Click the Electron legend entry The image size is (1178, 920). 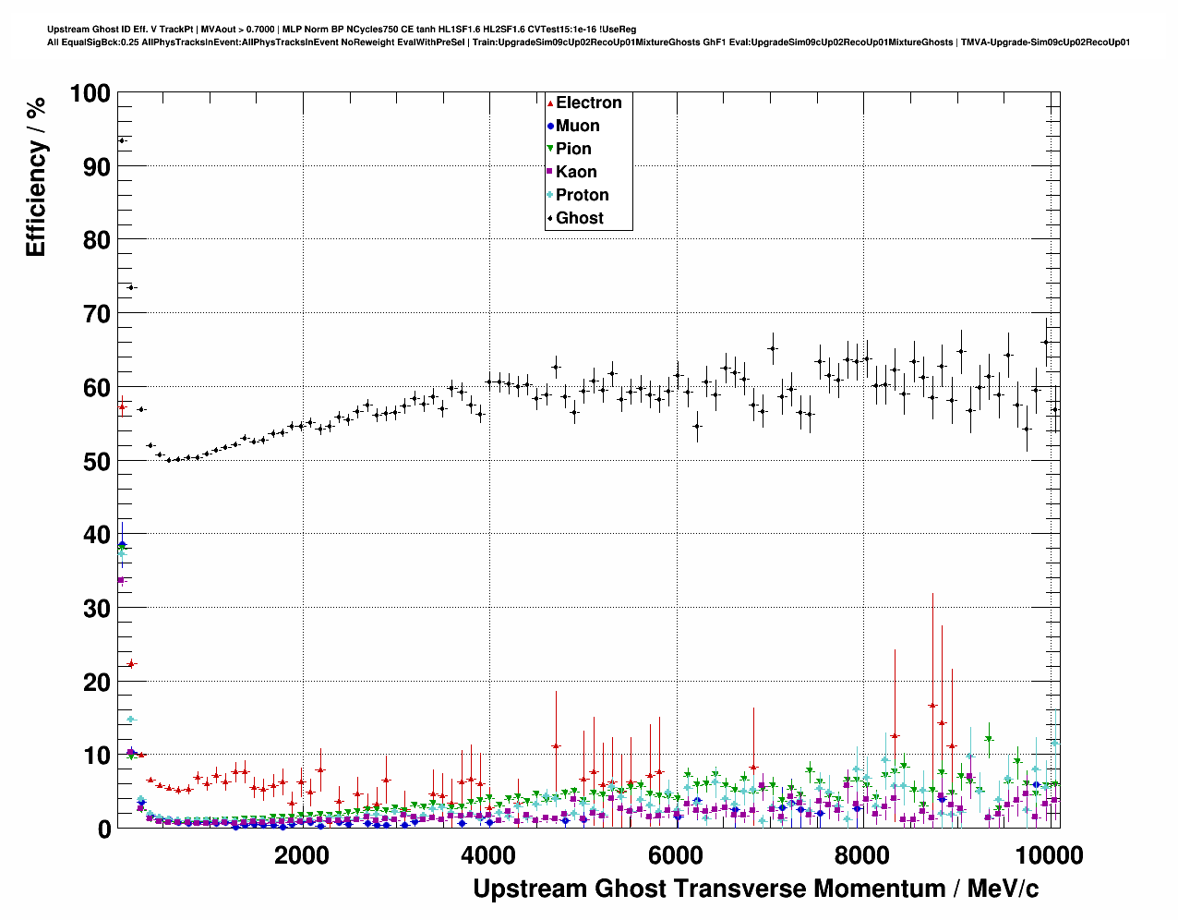coord(588,103)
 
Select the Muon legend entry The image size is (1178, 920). coord(577,126)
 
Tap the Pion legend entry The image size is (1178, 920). coord(572,149)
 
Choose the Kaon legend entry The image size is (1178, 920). coord(576,172)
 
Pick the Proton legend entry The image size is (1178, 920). coord(582,195)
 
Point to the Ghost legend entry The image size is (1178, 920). coord(579,218)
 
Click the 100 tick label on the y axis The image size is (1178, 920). coord(90,93)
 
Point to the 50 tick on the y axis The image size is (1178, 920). coord(97,461)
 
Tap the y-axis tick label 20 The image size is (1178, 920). coord(97,682)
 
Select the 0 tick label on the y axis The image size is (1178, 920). coord(103,829)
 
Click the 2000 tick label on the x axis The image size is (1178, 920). coord(303,855)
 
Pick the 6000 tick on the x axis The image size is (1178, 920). coord(677,855)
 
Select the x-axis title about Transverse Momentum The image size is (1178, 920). coord(755,889)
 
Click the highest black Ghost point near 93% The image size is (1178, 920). coord(122,140)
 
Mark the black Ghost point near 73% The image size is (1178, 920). coord(131,287)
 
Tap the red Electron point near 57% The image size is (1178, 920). coord(122,406)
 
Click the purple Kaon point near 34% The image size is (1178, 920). coord(121,580)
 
